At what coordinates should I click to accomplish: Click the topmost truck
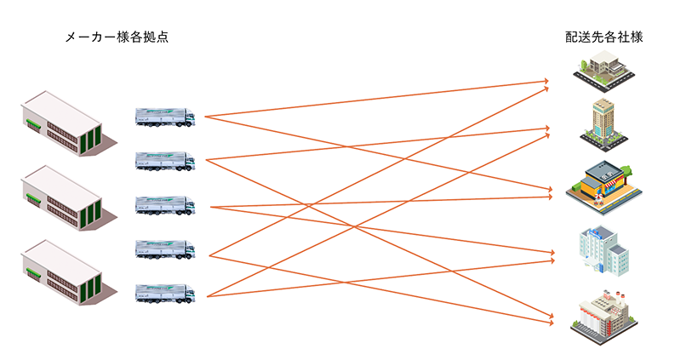click(x=165, y=117)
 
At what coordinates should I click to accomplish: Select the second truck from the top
click(x=165, y=161)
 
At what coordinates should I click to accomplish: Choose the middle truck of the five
click(x=165, y=205)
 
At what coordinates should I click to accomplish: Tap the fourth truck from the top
click(x=165, y=250)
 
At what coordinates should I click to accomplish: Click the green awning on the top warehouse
click(x=33, y=125)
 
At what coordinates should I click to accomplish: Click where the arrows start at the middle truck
click(x=210, y=207)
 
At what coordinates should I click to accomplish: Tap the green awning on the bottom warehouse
click(x=33, y=273)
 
